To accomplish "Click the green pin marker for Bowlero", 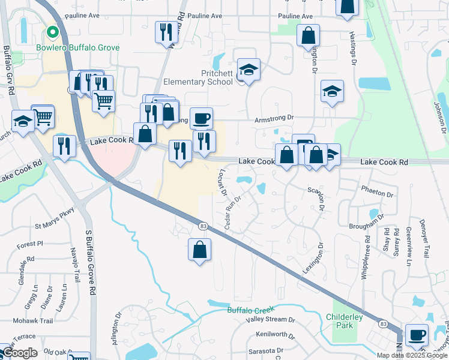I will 52,32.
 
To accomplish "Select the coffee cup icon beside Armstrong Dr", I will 201,118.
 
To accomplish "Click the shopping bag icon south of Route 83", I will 200,250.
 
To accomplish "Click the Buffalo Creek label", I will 250,310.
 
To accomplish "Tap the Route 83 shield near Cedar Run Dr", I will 203,225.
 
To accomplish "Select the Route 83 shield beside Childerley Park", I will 383,323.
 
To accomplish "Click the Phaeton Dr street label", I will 377,195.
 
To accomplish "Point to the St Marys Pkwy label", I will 54,226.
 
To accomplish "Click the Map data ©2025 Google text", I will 412,355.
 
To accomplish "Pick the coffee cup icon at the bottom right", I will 417,335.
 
